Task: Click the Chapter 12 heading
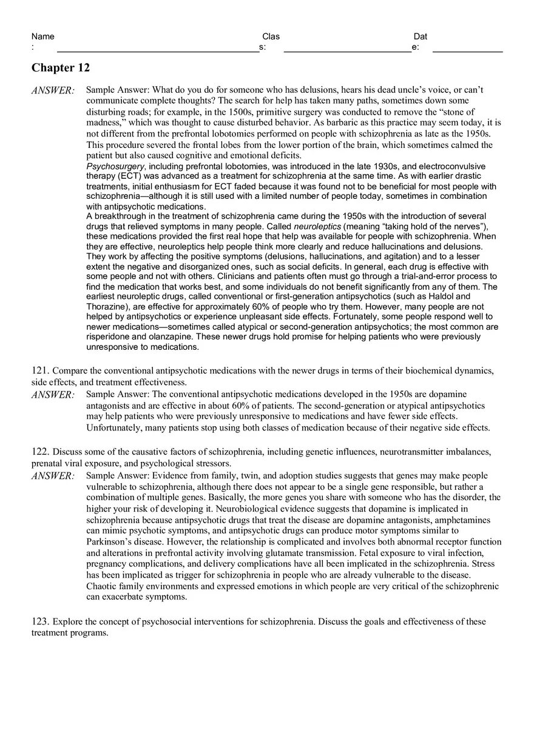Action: (x=61, y=67)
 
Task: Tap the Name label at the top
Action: (x=42, y=36)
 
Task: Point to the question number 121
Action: (x=40, y=370)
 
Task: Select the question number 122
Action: (x=40, y=452)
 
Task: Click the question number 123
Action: (x=40, y=621)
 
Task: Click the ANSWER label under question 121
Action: (x=53, y=395)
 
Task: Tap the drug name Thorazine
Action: (x=106, y=307)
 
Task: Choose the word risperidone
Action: (x=109, y=336)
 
